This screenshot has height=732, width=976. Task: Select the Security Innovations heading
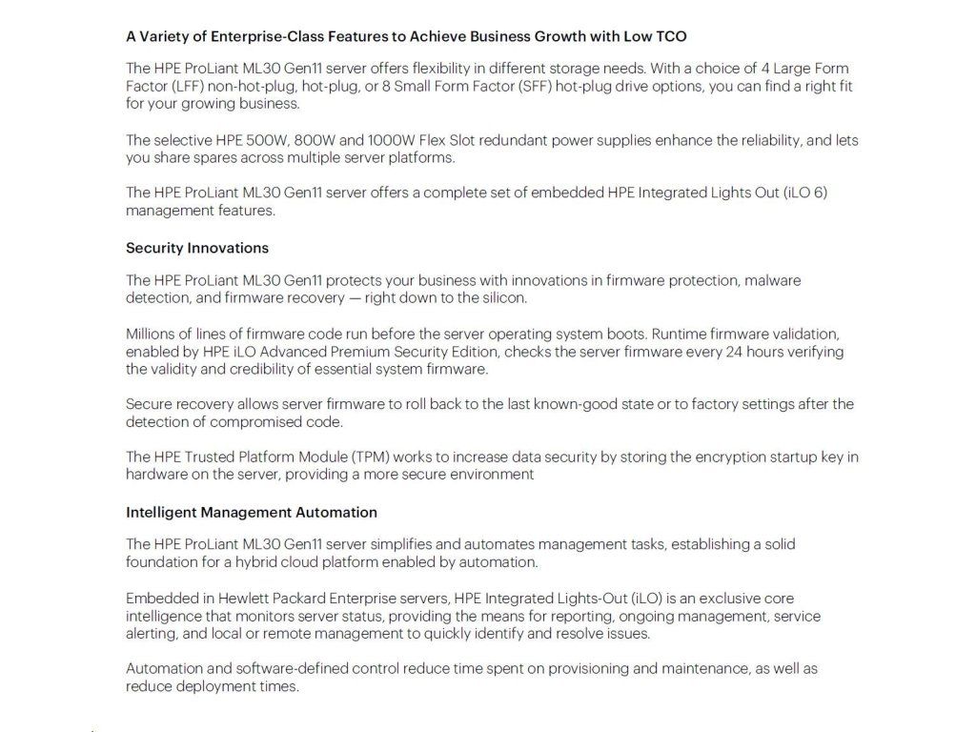[197, 248]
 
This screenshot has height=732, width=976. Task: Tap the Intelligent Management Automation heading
[252, 512]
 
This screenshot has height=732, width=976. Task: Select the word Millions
[152, 334]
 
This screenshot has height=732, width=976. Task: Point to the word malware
[772, 280]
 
